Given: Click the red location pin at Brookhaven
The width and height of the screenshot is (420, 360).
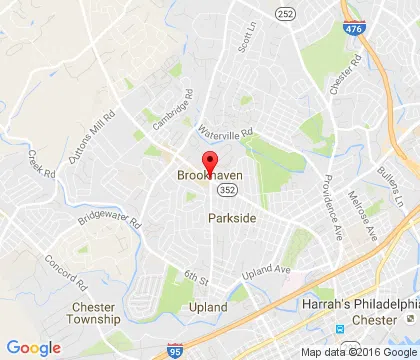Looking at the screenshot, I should (x=210, y=163).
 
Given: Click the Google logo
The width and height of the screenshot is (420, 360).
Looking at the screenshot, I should (x=33, y=347).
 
